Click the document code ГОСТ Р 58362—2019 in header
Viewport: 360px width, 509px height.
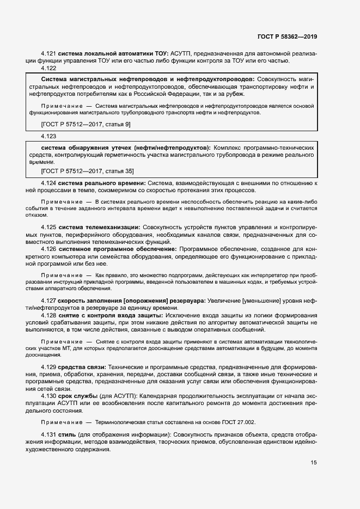click(286, 36)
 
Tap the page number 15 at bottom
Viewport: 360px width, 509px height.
click(313, 463)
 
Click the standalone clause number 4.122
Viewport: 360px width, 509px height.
click(48, 68)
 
